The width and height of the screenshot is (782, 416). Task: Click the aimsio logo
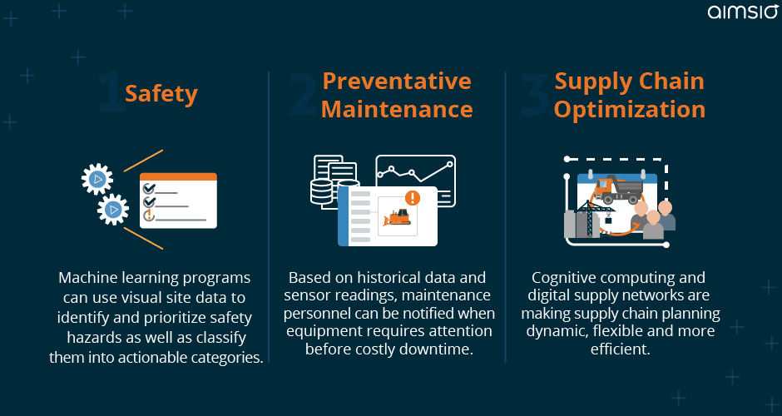(742, 11)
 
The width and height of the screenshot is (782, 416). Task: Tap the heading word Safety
(161, 94)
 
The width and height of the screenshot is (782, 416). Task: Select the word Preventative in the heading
(397, 81)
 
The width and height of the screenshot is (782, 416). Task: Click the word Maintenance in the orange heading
(397, 109)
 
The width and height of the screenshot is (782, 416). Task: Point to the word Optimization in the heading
(630, 110)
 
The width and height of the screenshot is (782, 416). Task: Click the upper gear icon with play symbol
(97, 179)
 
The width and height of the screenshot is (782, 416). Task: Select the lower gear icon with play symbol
(113, 210)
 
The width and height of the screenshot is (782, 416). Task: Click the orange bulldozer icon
(397, 218)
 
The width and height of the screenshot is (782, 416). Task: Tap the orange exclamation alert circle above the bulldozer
(413, 197)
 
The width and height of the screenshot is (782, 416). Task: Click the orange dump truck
(618, 189)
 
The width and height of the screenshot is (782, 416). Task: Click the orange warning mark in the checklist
(148, 215)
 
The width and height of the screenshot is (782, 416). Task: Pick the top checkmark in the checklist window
(149, 189)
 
